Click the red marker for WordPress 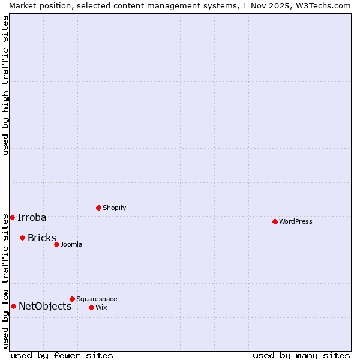point(275,221)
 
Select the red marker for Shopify point(98,208)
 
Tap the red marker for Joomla point(56,244)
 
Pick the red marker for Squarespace point(72,299)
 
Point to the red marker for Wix point(91,307)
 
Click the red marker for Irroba point(12,217)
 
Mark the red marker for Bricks point(22,238)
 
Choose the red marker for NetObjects point(13,306)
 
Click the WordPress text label point(296,221)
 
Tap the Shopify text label point(115,208)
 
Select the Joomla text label point(71,244)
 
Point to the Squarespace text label point(97,299)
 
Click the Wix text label point(101,307)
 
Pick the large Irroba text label point(32,217)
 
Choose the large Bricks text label point(42,238)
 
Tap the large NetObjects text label point(45,306)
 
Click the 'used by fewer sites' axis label point(62,355)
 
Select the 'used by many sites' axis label point(301,355)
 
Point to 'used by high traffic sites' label point(5,85)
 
